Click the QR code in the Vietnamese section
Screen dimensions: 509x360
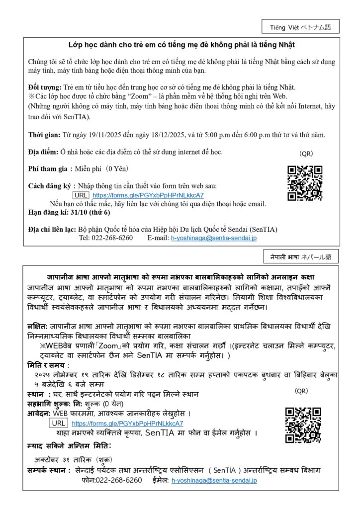pyautogui.click(x=305, y=183)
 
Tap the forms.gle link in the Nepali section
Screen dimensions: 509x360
pyautogui.click(x=127, y=424)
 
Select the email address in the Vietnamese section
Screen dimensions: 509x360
pyautogui.click(x=214, y=238)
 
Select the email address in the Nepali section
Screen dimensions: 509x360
pyautogui.click(x=214, y=480)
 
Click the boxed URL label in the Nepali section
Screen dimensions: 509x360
pyautogui.click(x=59, y=424)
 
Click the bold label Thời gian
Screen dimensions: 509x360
pyautogui.click(x=44, y=135)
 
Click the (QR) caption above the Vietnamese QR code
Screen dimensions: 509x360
pyautogui.click(x=306, y=154)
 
